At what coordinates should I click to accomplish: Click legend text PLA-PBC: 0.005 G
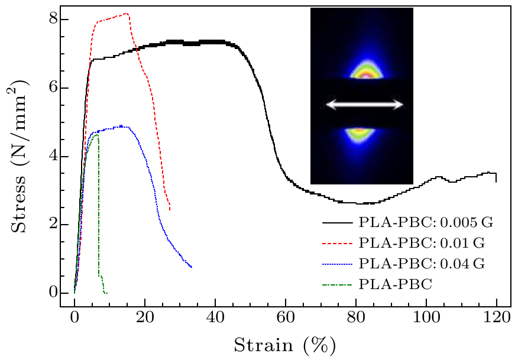click(425, 223)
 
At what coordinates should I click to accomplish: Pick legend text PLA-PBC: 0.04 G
click(422, 264)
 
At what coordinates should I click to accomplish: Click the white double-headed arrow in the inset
click(365, 105)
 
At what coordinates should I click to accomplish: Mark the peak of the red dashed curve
click(127, 13)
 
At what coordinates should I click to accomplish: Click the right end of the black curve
click(496, 181)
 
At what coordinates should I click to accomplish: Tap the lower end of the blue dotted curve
click(191, 267)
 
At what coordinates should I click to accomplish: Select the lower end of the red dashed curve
click(170, 209)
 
